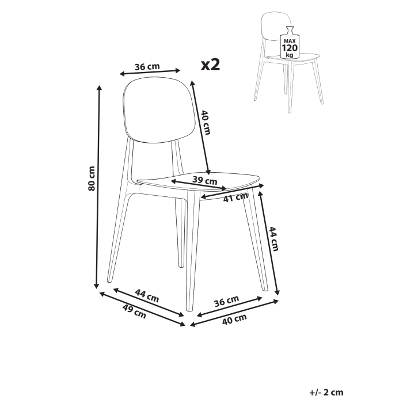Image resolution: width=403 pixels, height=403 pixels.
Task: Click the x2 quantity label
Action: pos(211,64)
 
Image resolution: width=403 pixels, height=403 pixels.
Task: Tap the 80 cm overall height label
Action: pos(91,179)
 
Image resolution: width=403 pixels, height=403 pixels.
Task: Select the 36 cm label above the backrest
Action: pos(147,67)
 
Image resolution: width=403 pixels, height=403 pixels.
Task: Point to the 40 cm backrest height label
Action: pos(206,123)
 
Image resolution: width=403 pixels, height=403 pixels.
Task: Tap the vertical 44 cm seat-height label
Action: pos(275,239)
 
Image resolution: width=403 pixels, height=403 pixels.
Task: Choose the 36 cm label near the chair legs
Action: pos(226,301)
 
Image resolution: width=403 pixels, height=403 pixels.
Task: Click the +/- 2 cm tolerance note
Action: pos(325,393)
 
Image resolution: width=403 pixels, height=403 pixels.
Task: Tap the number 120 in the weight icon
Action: pos(288,48)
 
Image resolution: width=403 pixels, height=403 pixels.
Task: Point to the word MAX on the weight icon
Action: pos(288,41)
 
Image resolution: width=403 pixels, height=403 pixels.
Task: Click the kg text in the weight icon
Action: pos(288,55)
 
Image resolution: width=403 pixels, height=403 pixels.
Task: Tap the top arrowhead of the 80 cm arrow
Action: pos(99,88)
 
